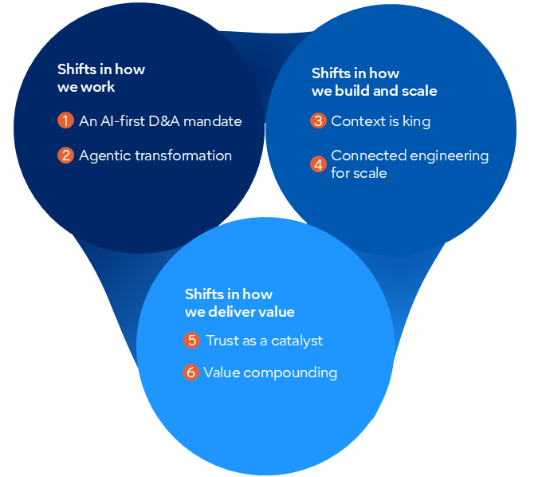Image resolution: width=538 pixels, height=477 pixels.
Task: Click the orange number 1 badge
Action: [x=65, y=121]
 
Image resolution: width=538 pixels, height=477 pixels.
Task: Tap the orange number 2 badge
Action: [x=65, y=156]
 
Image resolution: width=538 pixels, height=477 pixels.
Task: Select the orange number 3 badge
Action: [x=318, y=121]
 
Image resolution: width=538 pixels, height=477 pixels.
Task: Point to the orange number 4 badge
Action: [x=318, y=164]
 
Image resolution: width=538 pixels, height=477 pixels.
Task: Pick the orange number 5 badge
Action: [x=191, y=341]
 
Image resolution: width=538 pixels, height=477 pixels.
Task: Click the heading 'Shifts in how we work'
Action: [x=101, y=78]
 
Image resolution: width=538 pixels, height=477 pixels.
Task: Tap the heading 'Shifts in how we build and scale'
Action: [x=374, y=82]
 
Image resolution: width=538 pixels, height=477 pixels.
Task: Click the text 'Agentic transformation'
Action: [x=155, y=156]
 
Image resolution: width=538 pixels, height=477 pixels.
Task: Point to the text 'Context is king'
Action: [x=380, y=121]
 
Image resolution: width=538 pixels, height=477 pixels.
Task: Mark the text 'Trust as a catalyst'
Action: [x=264, y=341]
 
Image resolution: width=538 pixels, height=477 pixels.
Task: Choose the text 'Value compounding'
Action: [x=270, y=373]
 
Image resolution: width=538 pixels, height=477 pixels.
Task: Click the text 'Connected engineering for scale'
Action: [x=410, y=164]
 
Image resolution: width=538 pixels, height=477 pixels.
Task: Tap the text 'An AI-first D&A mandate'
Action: [x=160, y=121]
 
